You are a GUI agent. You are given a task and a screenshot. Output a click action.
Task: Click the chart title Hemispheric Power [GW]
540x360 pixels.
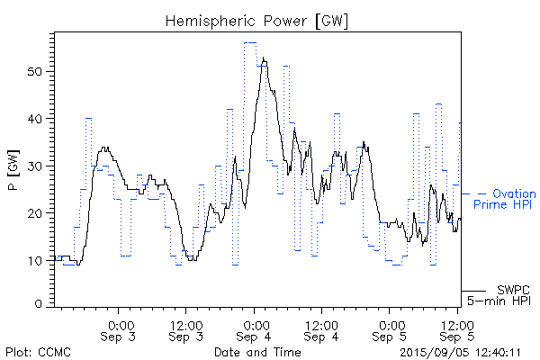pyautogui.click(x=257, y=20)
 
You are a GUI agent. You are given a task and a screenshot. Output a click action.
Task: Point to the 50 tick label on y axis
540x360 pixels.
pyautogui.click(x=37, y=71)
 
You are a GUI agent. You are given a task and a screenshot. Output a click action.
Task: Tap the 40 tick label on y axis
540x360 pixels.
pyautogui.click(x=37, y=119)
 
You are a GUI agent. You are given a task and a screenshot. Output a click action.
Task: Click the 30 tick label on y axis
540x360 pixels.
pyautogui.click(x=37, y=166)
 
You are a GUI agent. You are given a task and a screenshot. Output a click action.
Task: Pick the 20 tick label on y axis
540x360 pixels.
pyautogui.click(x=37, y=213)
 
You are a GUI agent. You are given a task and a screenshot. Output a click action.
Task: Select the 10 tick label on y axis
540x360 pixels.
pyautogui.click(x=37, y=261)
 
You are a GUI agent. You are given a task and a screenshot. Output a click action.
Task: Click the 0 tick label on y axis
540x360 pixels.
pyautogui.click(x=40, y=304)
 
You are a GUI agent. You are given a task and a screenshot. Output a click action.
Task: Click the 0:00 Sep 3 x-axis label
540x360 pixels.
pyautogui.click(x=121, y=330)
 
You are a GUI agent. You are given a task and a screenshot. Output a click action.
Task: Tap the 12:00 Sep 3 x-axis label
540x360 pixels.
pyautogui.click(x=185, y=330)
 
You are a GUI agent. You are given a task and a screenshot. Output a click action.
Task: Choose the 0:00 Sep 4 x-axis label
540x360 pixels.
pyautogui.click(x=256, y=330)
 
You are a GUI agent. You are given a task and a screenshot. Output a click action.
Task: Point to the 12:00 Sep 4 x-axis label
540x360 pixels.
pyautogui.click(x=320, y=330)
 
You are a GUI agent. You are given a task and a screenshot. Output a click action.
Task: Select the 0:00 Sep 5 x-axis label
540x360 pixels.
pyautogui.click(x=391, y=330)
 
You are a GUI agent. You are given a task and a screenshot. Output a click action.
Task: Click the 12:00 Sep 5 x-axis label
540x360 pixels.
pyautogui.click(x=457, y=330)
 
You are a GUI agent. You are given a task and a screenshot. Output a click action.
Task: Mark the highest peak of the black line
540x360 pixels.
pyautogui.click(x=264, y=58)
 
